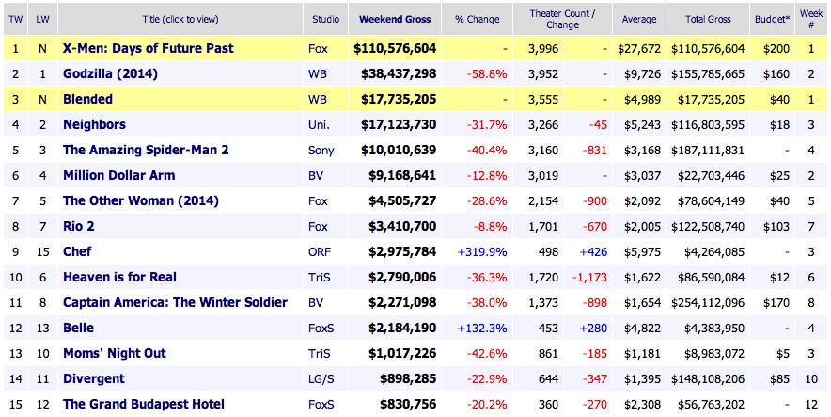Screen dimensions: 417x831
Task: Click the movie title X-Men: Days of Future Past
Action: point(148,48)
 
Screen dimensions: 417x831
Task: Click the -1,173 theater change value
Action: point(588,277)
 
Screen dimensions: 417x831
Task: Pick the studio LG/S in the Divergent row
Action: point(321,378)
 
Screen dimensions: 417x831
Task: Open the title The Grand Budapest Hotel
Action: point(143,404)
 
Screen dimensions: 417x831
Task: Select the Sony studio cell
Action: point(321,150)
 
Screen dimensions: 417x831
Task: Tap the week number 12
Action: point(810,404)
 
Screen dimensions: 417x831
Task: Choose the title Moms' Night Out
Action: point(114,353)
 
